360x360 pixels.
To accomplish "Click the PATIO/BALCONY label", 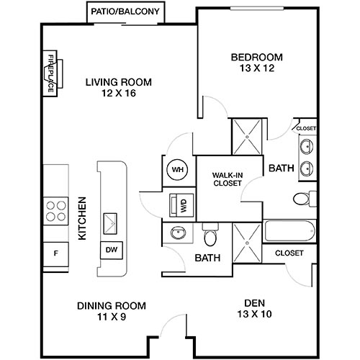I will pos(125,12).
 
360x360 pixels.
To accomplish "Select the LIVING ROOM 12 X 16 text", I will pos(111,87).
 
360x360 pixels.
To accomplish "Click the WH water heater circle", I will pos(176,171).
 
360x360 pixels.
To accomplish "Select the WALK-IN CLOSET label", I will pos(227,180).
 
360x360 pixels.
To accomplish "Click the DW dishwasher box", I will pos(112,249).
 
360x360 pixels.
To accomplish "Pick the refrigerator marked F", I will pos(55,253).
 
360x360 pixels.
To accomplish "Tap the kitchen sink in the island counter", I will pos(112,222).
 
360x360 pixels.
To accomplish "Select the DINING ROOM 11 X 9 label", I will pos(112,310).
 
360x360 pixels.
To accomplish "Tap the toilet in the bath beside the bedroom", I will pos(304,198).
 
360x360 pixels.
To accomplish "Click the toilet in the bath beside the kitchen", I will pos(211,236).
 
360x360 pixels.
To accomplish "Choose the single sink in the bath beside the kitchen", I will pos(178,233).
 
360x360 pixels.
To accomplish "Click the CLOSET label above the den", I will pos(289,253).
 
